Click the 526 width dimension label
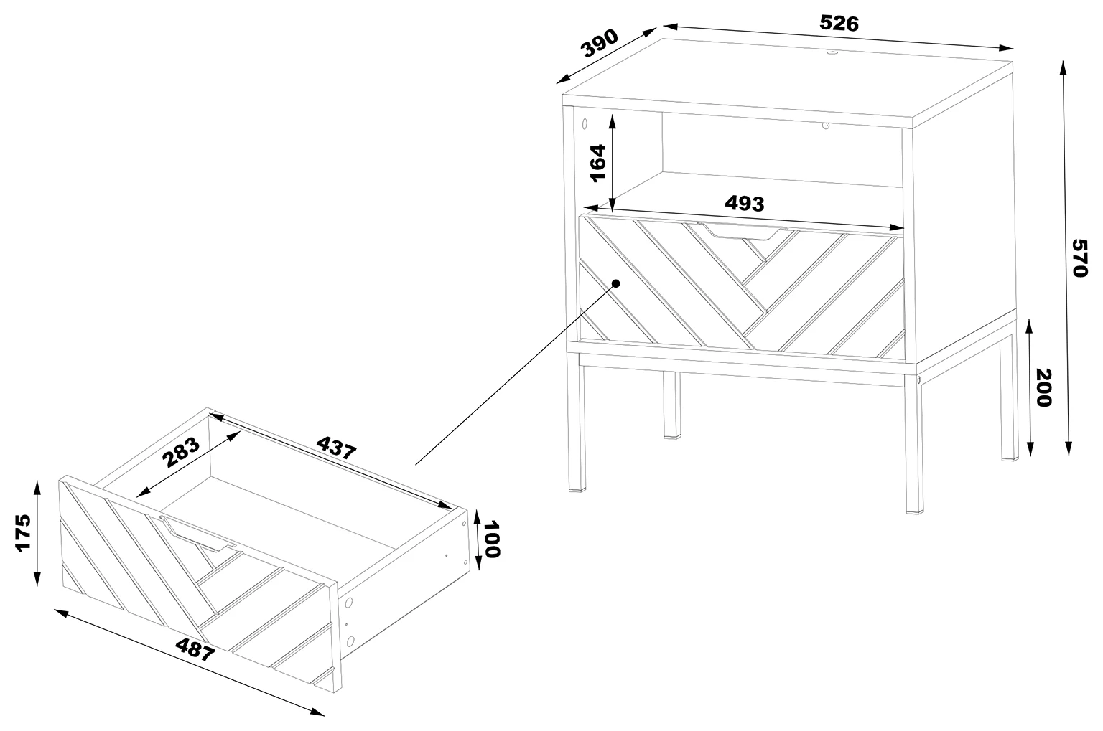[839, 23]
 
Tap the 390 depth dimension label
[600, 43]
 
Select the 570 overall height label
[1079, 258]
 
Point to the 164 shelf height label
[597, 163]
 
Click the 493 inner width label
[745, 203]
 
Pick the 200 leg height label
[1043, 387]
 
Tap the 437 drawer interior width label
[336, 448]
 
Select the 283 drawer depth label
[181, 452]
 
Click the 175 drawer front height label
[23, 534]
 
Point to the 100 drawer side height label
[492, 539]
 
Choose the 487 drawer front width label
[195, 649]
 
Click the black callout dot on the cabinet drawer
[615, 283]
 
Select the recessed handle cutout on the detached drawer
[196, 533]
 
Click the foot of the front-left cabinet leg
[577, 489]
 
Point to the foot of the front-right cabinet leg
[914, 511]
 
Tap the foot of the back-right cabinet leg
[1010, 458]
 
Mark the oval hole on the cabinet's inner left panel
[585, 124]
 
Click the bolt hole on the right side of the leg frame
[918, 380]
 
